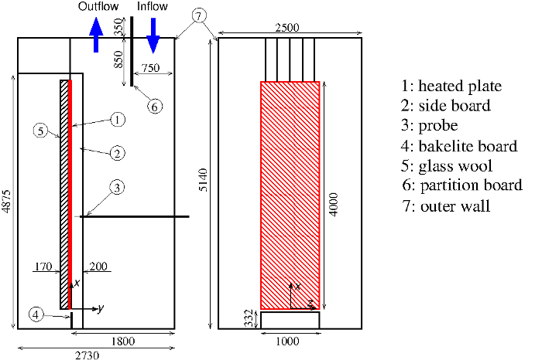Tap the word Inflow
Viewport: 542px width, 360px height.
tap(153, 7)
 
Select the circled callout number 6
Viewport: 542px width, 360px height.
tap(154, 107)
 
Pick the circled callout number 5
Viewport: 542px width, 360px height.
tap(40, 131)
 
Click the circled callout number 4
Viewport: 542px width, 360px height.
tap(36, 314)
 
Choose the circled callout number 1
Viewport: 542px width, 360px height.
tap(116, 120)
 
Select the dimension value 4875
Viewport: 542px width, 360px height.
tap(8, 205)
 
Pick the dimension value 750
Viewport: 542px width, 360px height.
tap(151, 69)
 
